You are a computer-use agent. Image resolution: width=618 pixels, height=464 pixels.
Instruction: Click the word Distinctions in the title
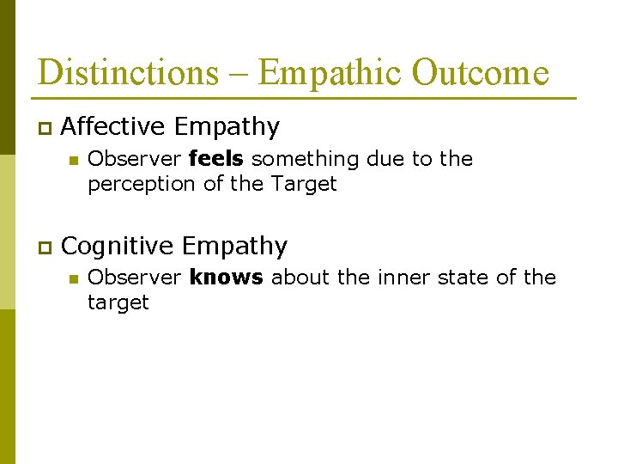[x=128, y=72]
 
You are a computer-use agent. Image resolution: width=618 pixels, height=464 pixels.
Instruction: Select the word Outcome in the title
[x=480, y=72]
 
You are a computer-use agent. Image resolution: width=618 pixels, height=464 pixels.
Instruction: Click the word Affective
[x=113, y=127]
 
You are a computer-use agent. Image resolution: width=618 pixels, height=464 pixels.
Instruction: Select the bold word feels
[x=216, y=159]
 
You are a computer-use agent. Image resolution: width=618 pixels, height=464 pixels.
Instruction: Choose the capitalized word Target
[x=304, y=183]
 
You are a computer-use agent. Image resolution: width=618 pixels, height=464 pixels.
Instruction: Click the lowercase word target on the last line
[x=118, y=302]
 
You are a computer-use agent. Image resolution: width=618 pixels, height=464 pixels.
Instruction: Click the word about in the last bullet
[x=300, y=278]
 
